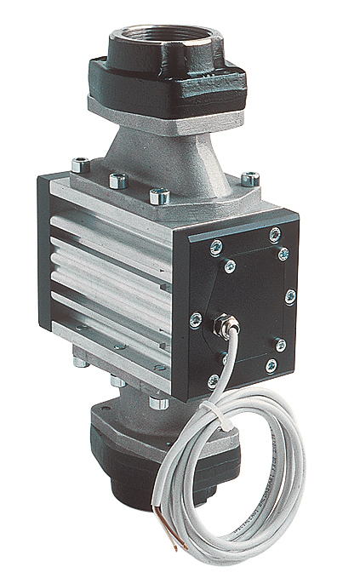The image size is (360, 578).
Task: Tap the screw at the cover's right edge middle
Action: [290, 296]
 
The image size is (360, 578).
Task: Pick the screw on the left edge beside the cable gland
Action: [197, 318]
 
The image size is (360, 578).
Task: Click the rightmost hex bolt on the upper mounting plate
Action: [249, 179]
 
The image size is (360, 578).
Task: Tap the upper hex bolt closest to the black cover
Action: [157, 196]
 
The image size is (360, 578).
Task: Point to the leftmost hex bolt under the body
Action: [80, 361]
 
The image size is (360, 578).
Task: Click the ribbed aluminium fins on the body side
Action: [111, 272]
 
